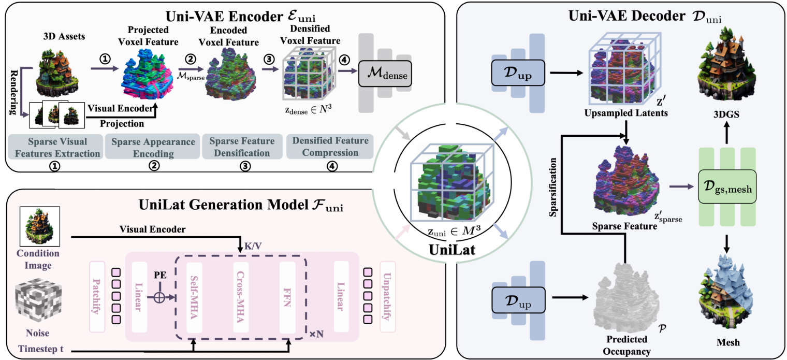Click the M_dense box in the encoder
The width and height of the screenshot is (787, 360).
click(384, 77)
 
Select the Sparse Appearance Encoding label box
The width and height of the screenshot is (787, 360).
click(150, 147)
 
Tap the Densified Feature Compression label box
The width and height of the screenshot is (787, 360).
click(330, 147)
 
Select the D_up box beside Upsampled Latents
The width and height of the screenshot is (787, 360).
click(515, 75)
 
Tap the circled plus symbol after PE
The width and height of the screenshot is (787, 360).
click(159, 298)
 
